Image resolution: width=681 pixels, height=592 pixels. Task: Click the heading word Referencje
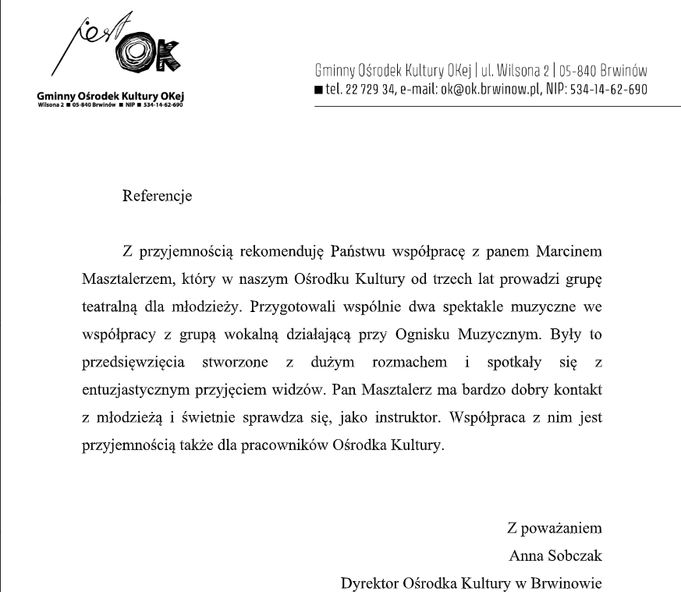[x=157, y=196]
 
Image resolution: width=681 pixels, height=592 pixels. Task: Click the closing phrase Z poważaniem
[x=554, y=528]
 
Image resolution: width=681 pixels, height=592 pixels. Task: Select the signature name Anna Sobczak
[x=555, y=556]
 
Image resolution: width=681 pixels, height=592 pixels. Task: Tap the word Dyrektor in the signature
[x=370, y=583]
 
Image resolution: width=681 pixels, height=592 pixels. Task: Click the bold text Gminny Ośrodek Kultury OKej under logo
[x=114, y=95]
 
